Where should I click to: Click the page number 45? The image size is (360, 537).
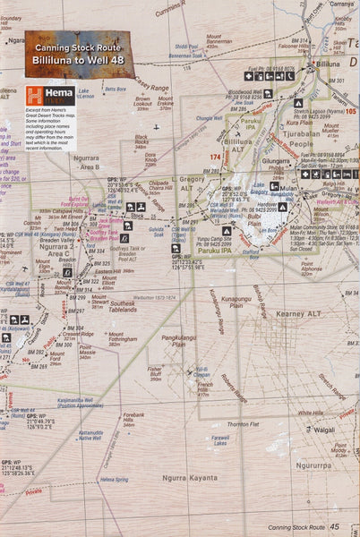(334, 528)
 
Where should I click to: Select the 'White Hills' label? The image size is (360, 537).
(311, 413)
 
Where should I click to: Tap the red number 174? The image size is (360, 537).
(213, 157)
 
